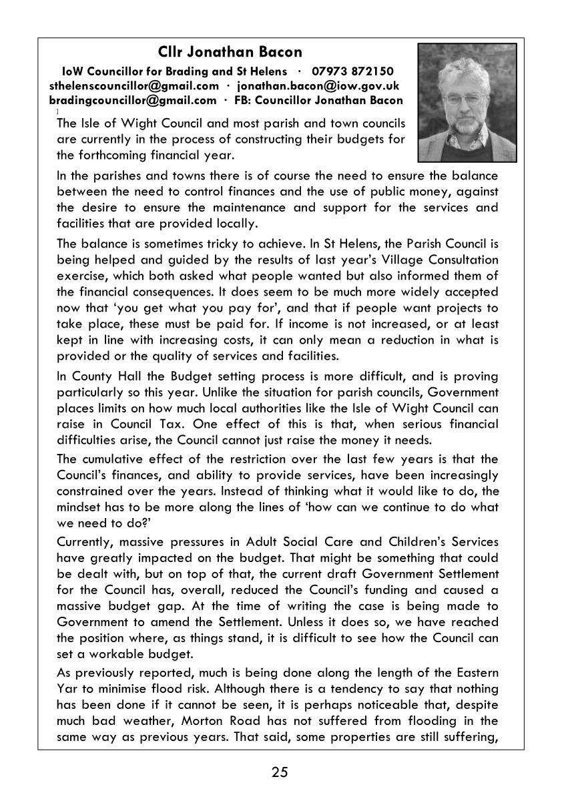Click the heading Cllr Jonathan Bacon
tap(230, 52)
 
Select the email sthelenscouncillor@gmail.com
tap(134, 86)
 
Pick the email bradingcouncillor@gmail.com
tap(133, 101)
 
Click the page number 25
tap(280, 772)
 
